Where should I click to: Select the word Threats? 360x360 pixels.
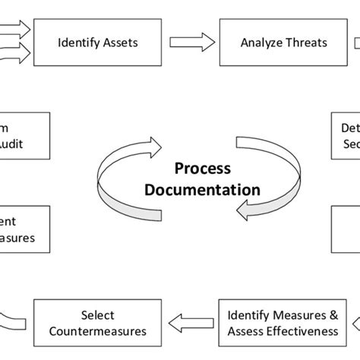pyautogui.click(x=305, y=43)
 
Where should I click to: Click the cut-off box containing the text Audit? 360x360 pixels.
pyautogui.click(x=23, y=135)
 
